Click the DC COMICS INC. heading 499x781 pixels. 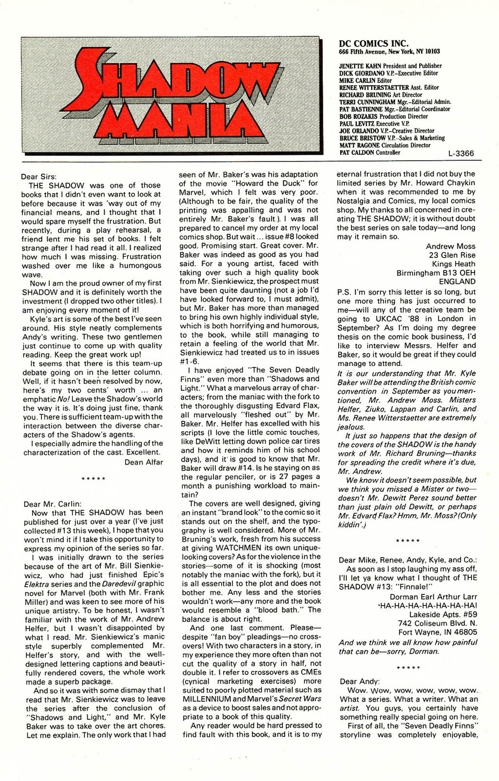(374, 43)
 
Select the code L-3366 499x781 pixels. (461, 153)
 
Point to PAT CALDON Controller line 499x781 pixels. (369, 152)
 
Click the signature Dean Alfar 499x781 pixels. (144, 462)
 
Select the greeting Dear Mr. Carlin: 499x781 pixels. (53, 504)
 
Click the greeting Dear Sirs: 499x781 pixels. (39, 176)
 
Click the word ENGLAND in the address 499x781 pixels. (457, 281)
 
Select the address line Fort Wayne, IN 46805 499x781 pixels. (438, 632)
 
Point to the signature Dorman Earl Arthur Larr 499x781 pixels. (433, 596)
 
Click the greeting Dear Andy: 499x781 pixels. (360, 681)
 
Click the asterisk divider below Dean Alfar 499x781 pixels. (94, 479)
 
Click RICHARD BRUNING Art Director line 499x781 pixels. (381, 94)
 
